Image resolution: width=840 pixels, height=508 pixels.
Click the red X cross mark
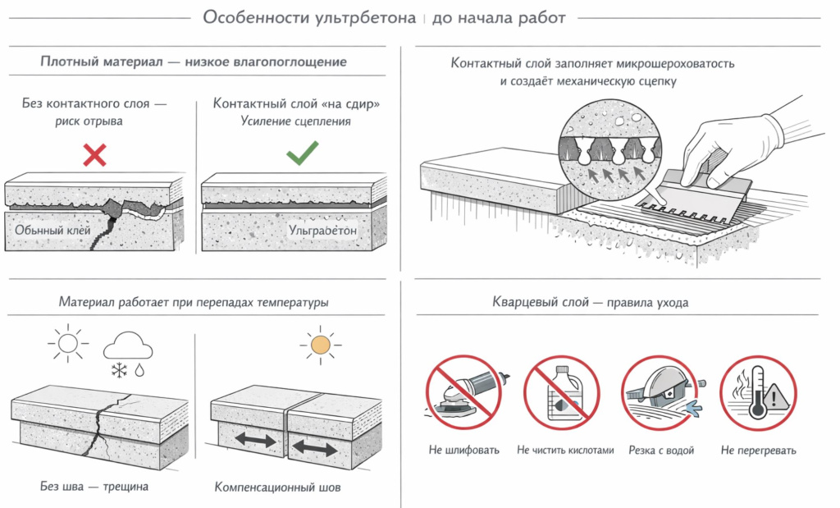coord(95,153)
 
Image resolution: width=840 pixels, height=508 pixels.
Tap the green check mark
coord(302,153)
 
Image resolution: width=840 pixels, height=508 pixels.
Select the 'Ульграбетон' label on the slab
coord(323,231)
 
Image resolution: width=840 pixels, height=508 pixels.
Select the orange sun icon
coord(320,345)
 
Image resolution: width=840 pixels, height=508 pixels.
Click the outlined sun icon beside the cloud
coord(66,342)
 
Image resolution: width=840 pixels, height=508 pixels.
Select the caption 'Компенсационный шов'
coord(277,487)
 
